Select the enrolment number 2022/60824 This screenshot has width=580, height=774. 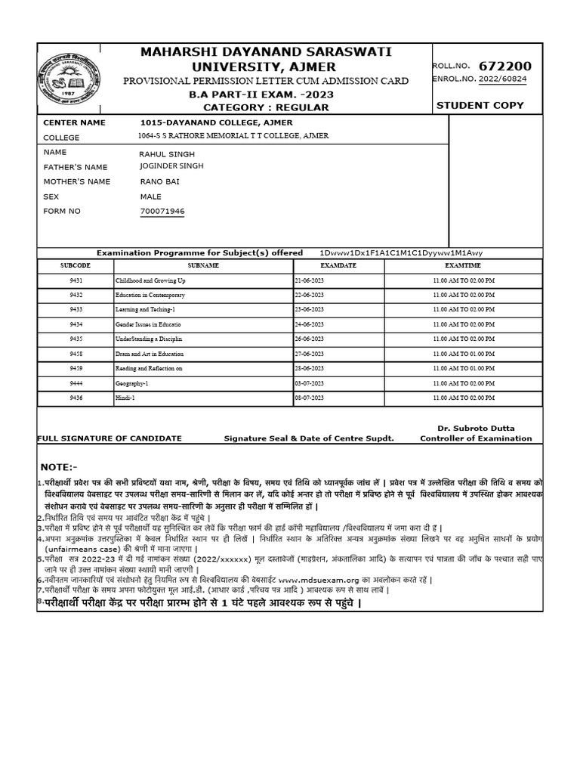tap(500, 78)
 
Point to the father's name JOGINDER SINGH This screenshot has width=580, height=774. tap(171, 166)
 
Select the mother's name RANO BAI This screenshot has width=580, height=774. tap(160, 181)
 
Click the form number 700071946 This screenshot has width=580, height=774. tap(162, 211)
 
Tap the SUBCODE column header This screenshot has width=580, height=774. tap(75, 266)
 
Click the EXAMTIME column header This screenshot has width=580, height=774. tap(462, 266)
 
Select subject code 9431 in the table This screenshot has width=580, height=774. tap(75, 280)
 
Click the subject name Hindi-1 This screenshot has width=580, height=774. tap(125, 397)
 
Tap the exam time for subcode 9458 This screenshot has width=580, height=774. tap(462, 353)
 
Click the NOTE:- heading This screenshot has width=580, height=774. tap(60, 466)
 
